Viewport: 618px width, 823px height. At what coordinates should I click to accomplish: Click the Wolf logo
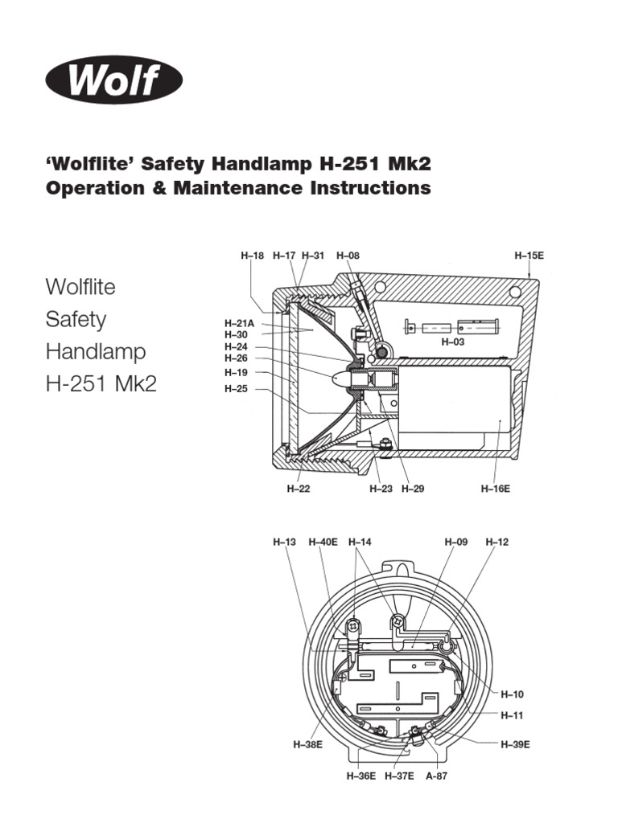click(114, 80)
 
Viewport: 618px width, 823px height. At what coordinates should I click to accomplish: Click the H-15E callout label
click(529, 256)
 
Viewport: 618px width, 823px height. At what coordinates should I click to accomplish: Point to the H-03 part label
click(453, 342)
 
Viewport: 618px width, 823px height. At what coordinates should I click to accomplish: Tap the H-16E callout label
click(496, 488)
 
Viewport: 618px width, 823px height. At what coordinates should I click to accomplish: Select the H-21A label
click(239, 323)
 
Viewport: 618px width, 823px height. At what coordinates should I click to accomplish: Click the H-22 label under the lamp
click(298, 488)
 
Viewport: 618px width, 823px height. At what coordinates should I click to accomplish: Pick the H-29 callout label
click(412, 488)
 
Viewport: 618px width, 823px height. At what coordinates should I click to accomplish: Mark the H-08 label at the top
click(348, 256)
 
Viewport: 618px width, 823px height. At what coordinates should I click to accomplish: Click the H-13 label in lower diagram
click(285, 543)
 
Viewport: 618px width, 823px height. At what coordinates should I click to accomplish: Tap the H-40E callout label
click(323, 543)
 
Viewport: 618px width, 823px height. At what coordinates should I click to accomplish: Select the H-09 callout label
click(455, 543)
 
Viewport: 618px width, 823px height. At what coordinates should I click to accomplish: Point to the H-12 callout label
click(497, 543)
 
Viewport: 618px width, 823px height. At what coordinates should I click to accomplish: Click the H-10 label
click(513, 694)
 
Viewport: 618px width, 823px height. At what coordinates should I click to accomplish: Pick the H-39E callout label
click(515, 744)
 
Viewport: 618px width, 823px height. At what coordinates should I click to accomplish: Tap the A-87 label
click(436, 776)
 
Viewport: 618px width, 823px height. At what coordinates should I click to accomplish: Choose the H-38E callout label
click(307, 744)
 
